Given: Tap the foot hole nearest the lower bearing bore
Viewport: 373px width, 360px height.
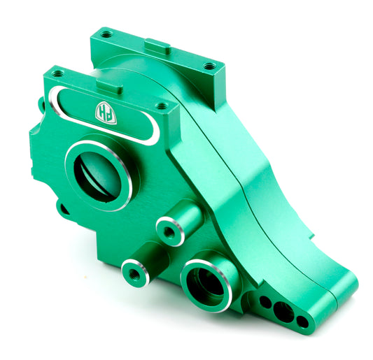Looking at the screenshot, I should (x=266, y=302).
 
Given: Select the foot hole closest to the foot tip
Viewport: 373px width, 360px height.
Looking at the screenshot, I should (x=302, y=322).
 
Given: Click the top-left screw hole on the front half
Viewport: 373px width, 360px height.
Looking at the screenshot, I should (x=57, y=73).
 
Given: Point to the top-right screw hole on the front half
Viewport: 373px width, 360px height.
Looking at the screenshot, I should (x=162, y=107).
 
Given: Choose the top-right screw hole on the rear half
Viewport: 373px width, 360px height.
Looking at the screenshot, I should (x=209, y=66).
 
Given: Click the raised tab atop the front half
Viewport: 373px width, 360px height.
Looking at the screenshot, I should (x=109, y=86).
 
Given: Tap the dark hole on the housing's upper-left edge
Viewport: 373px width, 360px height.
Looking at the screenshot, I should (x=41, y=106).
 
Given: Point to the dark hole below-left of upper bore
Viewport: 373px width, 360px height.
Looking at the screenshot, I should (x=64, y=207).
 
